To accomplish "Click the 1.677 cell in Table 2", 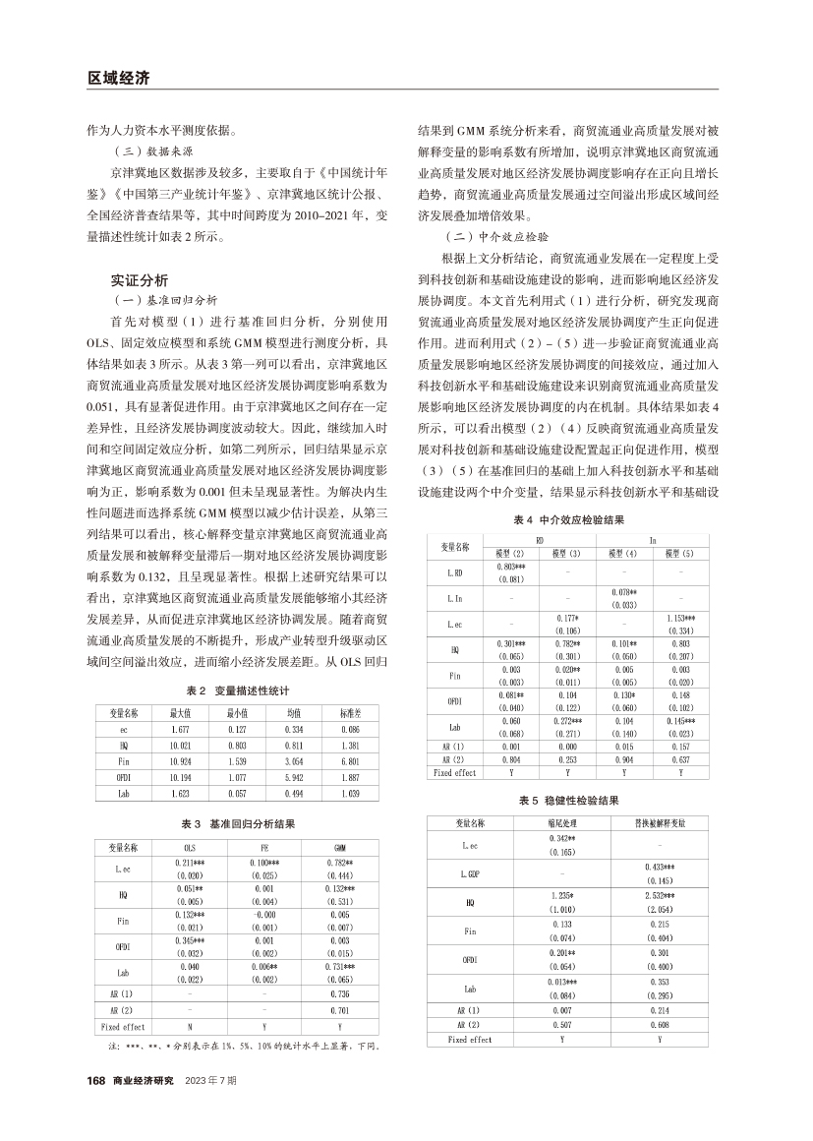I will click(181, 730).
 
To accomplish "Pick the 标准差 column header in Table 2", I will click(350, 712).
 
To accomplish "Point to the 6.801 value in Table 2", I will click(350, 760).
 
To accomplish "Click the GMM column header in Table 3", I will click(340, 847).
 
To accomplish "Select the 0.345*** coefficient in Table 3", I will click(190, 941).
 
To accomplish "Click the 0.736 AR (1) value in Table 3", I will click(340, 994).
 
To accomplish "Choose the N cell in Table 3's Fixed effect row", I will click(190, 1026).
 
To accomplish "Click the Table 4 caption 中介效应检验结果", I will click(570, 518).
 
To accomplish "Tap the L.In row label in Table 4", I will click(455, 598).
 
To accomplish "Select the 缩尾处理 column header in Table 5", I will click(561, 822).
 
